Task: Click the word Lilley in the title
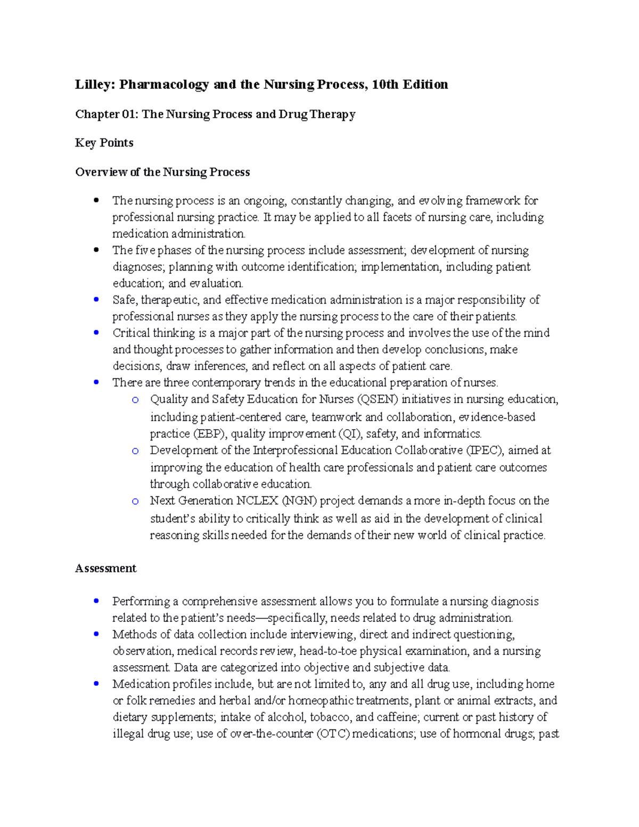93,85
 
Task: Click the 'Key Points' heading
104,143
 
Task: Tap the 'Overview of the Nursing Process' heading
162,172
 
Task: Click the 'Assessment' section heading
105,568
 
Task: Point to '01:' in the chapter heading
130,114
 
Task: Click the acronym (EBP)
210,433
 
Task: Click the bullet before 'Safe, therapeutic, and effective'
96,300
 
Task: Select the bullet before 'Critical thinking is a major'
96,333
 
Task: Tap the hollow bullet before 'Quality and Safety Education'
135,400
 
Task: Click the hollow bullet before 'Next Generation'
135,501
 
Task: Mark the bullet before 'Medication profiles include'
96,684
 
